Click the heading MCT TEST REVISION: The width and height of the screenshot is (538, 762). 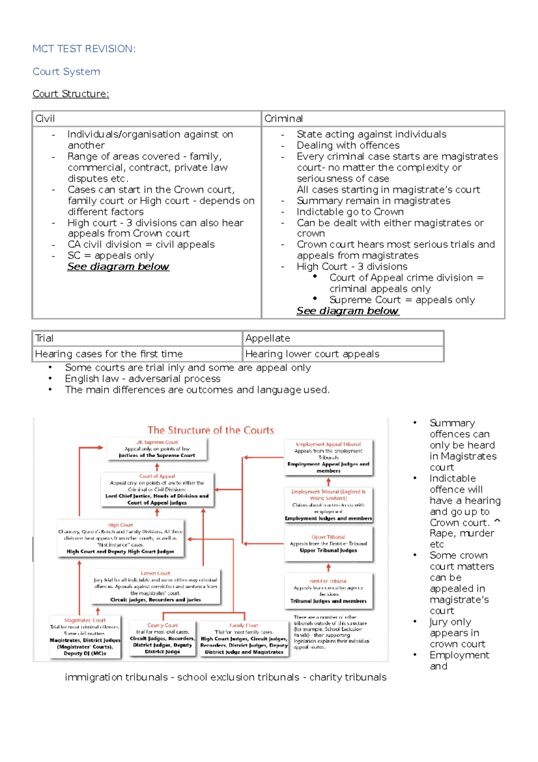[84, 49]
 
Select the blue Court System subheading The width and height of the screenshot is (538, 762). [66, 72]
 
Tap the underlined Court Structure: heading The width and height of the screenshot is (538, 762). [71, 94]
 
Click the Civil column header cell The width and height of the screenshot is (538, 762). [146, 118]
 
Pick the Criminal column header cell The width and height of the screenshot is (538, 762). [383, 118]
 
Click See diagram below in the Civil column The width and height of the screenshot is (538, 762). [118, 267]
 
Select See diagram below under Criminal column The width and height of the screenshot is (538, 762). [347, 311]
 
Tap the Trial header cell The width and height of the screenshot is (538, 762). [137, 338]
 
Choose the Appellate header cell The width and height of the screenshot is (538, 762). [343, 338]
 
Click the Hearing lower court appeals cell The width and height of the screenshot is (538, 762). [343, 354]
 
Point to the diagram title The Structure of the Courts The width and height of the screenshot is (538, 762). [211, 430]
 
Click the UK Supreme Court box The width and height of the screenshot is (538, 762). [157, 449]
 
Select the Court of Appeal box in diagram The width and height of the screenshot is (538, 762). [157, 490]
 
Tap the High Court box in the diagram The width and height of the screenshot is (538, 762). [121, 538]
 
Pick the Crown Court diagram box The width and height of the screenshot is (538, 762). [156, 586]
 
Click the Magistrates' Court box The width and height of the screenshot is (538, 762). [85, 636]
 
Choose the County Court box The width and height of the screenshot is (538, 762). [162, 638]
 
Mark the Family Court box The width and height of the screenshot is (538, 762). [244, 638]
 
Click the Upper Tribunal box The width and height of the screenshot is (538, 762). [328, 544]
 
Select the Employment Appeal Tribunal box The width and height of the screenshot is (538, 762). [328, 457]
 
